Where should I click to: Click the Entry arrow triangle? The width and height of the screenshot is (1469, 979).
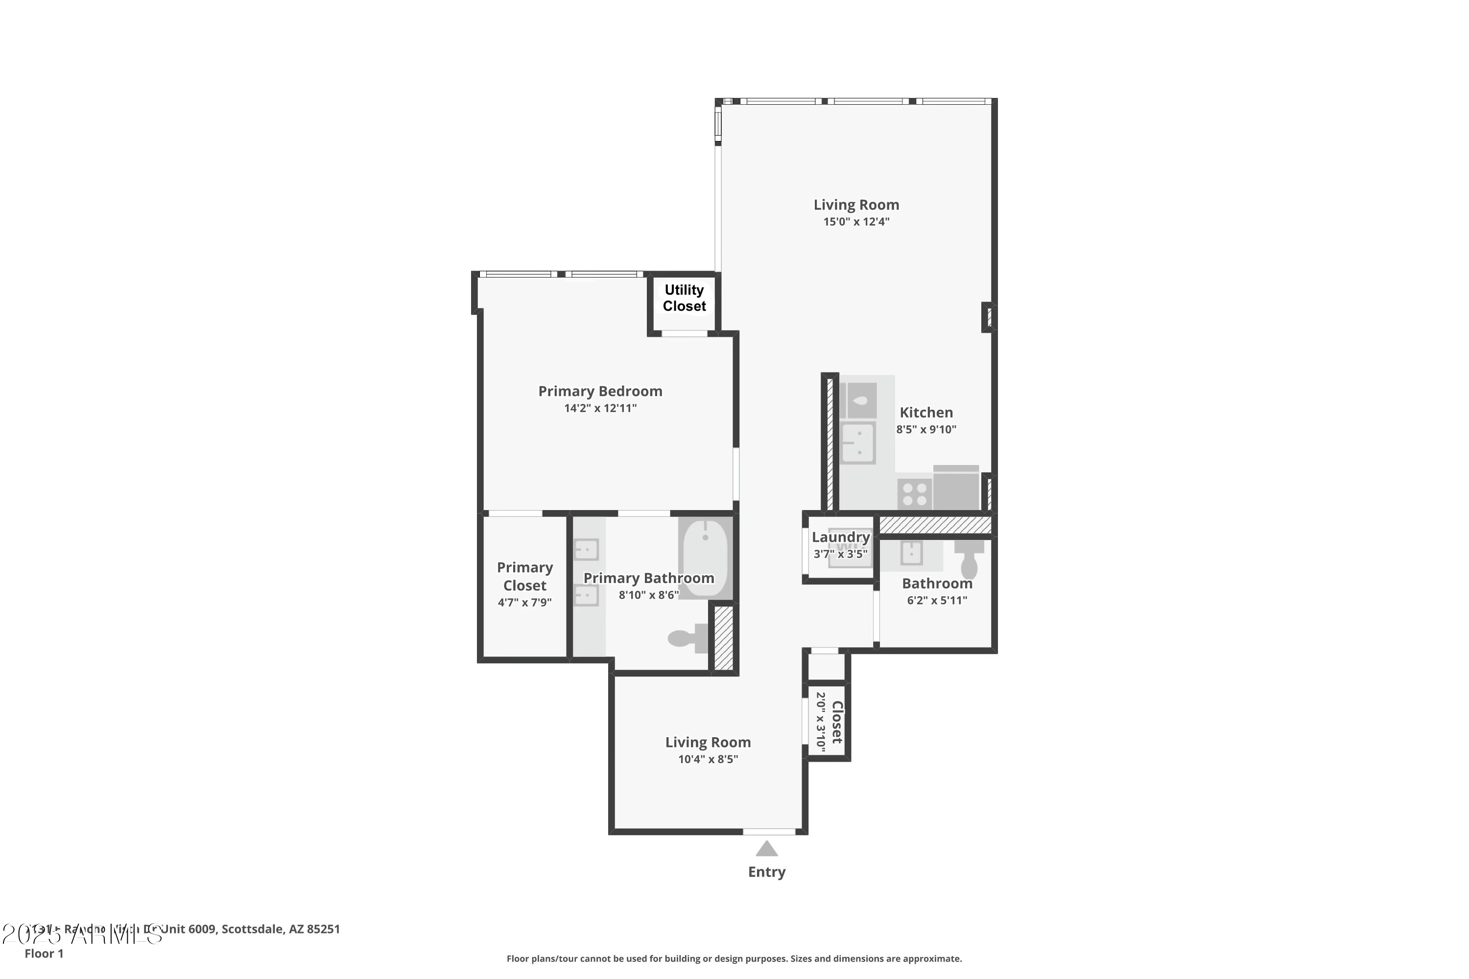[766, 849]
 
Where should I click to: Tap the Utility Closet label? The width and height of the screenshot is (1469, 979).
[684, 298]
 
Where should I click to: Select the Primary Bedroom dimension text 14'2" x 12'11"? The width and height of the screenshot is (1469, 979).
[600, 408]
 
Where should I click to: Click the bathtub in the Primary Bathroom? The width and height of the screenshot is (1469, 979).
[705, 558]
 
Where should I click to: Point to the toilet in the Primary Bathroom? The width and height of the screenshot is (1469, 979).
[687, 638]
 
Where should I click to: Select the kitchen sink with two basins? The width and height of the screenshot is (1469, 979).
[858, 443]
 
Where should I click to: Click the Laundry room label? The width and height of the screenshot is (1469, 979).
[841, 537]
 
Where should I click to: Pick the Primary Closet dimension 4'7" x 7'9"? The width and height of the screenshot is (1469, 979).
[524, 603]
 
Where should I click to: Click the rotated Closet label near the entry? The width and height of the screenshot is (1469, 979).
[837, 722]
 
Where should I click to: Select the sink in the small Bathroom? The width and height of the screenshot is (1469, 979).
[911, 553]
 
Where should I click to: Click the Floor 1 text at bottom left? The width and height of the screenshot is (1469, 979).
[44, 954]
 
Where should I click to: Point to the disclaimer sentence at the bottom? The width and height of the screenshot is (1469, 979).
[734, 958]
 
